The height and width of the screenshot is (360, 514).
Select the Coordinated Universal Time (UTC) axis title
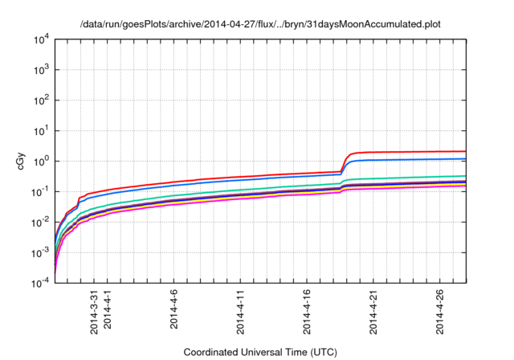pos(259,352)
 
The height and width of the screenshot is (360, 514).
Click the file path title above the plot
pos(260,24)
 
